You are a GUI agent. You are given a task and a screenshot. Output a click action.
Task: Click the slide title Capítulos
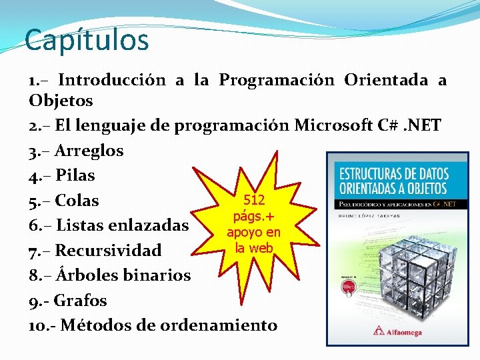click(x=87, y=40)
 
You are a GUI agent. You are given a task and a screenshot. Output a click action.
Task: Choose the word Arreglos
click(x=89, y=151)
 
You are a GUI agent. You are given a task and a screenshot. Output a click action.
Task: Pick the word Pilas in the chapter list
click(x=75, y=176)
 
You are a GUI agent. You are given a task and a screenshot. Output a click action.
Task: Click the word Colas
click(x=77, y=201)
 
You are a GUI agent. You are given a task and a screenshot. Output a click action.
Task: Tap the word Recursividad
click(x=109, y=251)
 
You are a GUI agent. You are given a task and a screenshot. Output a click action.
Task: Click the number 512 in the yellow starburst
click(x=254, y=200)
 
